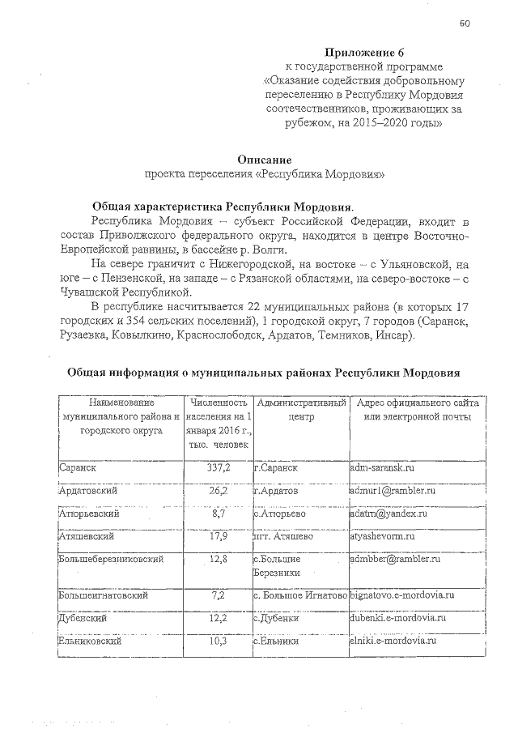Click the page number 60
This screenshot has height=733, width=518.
click(x=465, y=23)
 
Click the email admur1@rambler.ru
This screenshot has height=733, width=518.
click(x=393, y=491)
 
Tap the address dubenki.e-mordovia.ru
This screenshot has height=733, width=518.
click(x=398, y=617)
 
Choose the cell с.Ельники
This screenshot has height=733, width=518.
click(x=277, y=641)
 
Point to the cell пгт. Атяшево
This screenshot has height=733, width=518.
click(x=282, y=536)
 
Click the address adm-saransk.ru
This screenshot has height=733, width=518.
click(x=383, y=468)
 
